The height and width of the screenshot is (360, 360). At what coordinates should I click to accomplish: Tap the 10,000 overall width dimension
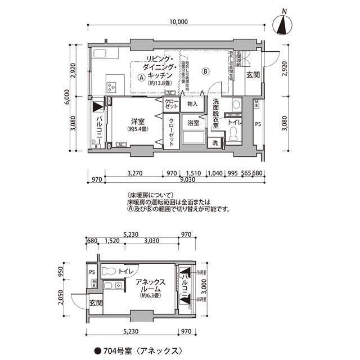(177, 22)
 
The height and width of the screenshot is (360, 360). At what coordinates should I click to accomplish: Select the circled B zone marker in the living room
(206, 71)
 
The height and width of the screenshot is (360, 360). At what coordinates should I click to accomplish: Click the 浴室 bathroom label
(193, 123)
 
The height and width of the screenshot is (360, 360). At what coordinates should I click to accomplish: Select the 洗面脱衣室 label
(215, 114)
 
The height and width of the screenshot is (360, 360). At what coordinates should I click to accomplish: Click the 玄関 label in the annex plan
(95, 303)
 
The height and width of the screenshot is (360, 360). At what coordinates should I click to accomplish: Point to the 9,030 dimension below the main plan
(188, 180)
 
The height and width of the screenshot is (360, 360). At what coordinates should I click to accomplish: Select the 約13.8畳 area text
(160, 83)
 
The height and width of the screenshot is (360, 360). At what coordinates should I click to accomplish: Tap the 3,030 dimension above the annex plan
(151, 241)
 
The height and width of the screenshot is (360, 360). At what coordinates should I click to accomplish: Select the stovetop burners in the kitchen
(110, 87)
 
